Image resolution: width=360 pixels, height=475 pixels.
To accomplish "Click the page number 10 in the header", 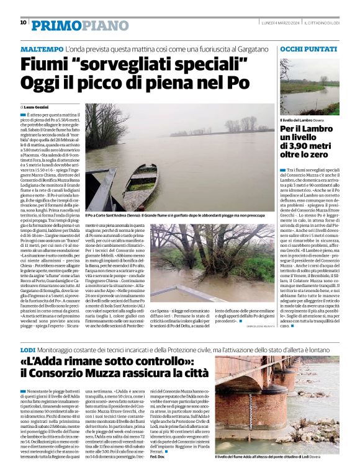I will tap(23, 22).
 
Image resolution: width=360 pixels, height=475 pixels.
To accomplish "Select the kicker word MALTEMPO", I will tap(42, 48).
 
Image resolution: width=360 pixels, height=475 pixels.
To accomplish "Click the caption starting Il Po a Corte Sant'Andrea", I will tap(177, 215).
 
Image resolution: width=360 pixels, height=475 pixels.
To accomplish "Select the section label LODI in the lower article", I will tap(27, 351).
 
